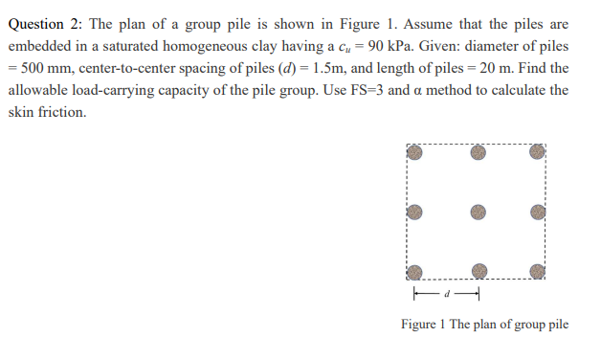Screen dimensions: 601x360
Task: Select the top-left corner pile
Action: tap(413, 151)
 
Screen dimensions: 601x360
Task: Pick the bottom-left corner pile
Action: tap(413, 272)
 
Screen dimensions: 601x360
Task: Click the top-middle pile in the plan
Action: tap(478, 151)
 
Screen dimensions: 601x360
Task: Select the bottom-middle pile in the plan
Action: tap(478, 272)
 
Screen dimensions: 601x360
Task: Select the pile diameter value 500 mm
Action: tap(46, 69)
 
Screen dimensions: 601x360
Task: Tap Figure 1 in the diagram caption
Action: tap(423, 324)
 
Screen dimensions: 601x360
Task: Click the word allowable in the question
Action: tap(40, 91)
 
